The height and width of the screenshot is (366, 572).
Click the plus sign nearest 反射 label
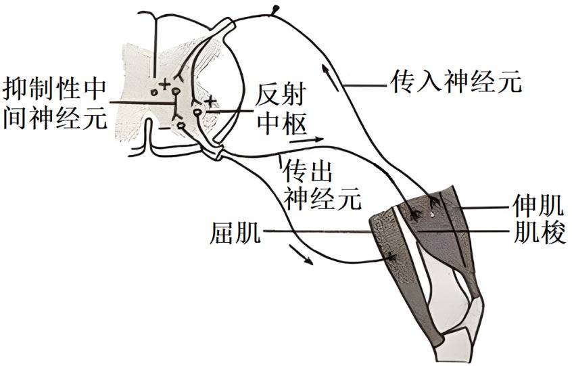pos(210,101)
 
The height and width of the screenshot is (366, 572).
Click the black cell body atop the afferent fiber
pos(275,9)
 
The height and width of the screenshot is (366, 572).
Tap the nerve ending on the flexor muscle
pos(391,257)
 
